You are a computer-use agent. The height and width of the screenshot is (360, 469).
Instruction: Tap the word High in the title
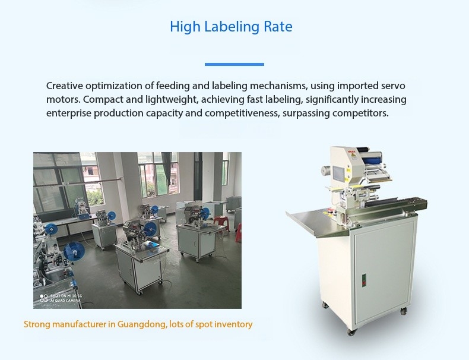182,27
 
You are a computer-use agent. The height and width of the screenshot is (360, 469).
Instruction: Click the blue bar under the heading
234,64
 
